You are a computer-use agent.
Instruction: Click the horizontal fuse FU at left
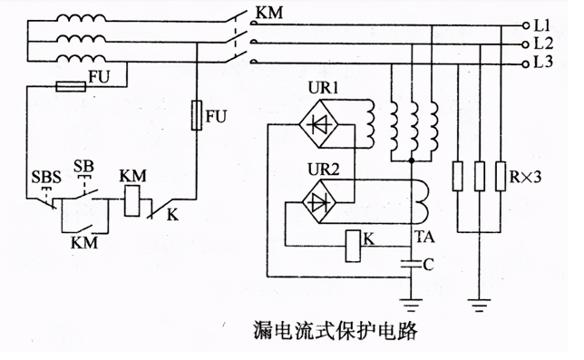72,87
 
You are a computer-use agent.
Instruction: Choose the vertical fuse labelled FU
198,116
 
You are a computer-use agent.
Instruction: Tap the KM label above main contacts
270,14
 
